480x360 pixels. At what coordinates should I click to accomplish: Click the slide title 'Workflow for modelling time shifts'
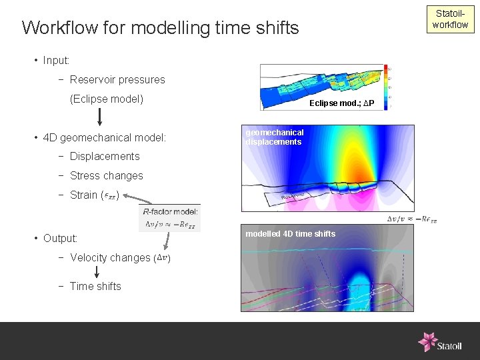point(160,28)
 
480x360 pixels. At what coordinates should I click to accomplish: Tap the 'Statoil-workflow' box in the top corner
point(450,19)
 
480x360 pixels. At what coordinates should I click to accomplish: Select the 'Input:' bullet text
point(56,61)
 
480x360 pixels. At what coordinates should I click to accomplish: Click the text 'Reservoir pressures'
point(117,80)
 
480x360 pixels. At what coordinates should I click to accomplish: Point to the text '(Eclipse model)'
point(107,99)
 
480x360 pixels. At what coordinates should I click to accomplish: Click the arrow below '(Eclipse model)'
point(99,117)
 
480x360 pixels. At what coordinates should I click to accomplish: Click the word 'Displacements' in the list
point(105,157)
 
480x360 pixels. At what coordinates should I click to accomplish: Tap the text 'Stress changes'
point(106,176)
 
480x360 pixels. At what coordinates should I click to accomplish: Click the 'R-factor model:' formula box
point(171,218)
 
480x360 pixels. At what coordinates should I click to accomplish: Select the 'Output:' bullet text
point(60,239)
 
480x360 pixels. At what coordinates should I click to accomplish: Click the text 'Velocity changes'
point(110,258)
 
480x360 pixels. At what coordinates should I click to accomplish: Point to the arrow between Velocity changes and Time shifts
point(97,272)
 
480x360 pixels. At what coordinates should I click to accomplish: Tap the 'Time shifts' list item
point(95,287)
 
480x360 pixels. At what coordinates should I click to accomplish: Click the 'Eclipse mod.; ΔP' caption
point(342,103)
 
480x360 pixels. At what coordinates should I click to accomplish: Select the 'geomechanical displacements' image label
point(274,137)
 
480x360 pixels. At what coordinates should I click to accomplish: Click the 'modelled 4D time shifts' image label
point(290,234)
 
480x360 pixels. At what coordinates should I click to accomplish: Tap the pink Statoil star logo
point(427,341)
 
